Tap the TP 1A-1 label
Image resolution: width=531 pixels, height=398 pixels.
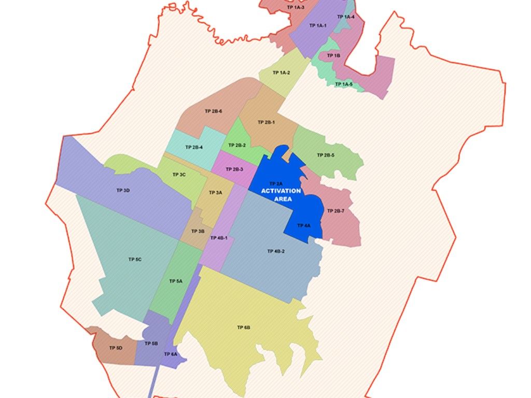click(x=317, y=25)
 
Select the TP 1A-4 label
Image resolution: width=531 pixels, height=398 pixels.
click(x=346, y=17)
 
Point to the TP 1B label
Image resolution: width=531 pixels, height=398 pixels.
click(x=333, y=55)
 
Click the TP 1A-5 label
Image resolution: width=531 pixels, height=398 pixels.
click(x=343, y=84)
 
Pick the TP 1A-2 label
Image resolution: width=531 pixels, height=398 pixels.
click(x=282, y=73)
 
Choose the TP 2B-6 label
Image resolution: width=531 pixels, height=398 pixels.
click(x=214, y=111)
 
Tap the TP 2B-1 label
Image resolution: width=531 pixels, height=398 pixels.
click(x=266, y=122)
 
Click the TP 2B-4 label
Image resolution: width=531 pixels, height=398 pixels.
click(x=194, y=147)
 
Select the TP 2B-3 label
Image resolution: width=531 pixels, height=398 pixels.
click(x=234, y=169)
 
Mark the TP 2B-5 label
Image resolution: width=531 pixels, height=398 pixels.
click(x=326, y=155)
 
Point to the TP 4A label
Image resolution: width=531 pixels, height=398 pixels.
click(x=304, y=226)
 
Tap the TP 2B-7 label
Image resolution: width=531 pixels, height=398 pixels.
click(x=336, y=211)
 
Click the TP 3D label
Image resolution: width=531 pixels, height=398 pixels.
click(x=123, y=191)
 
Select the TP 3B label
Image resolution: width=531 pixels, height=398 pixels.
click(x=198, y=232)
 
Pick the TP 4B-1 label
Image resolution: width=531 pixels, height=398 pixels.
click(x=219, y=238)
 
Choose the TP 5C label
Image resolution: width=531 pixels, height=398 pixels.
click(x=135, y=259)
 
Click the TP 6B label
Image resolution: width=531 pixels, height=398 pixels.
click(x=244, y=328)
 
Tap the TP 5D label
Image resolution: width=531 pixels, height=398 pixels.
click(x=116, y=348)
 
